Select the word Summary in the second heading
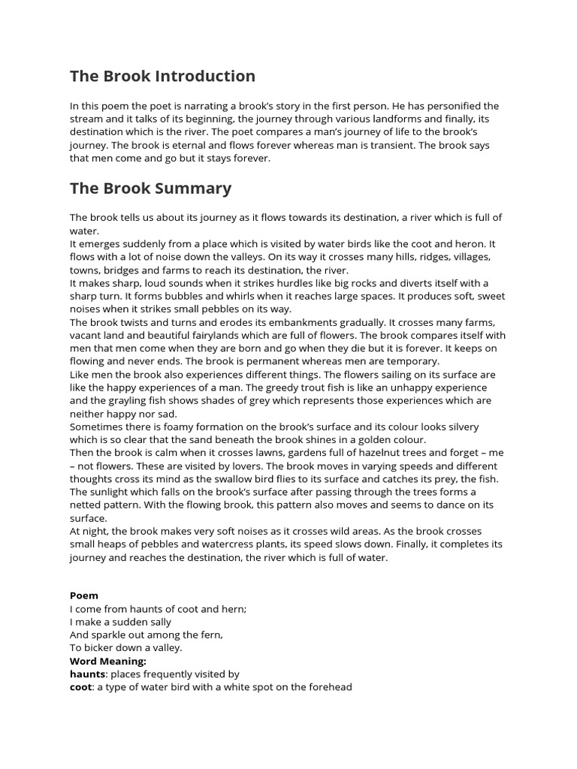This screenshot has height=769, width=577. [x=194, y=188]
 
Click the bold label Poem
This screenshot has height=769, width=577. [x=84, y=596]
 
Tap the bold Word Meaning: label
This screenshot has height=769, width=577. [x=107, y=661]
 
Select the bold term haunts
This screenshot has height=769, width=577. [x=87, y=674]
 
